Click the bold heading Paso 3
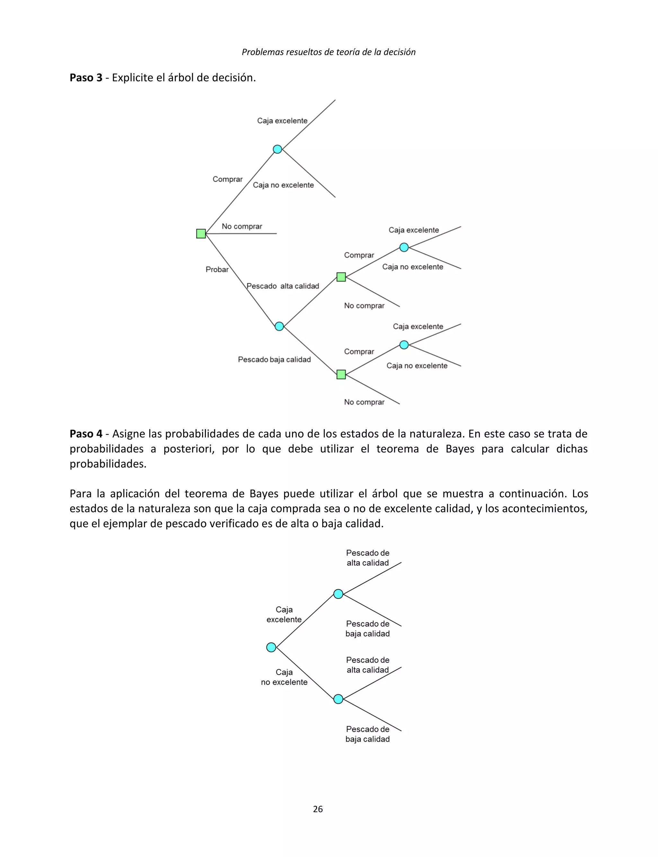coord(86,77)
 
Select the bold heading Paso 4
coord(86,434)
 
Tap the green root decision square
coord(201,234)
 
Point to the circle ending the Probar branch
coord(279,326)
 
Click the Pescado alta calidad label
coord(283,286)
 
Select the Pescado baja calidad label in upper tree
coord(274,359)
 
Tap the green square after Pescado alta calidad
coord(341,277)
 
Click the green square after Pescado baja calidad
coord(341,374)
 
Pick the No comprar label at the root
coord(242,227)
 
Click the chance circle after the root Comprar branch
coord(277,149)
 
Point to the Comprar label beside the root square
coord(227,179)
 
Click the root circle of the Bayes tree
coord(271,647)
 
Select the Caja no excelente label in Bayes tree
coord(284,677)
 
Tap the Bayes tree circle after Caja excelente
coord(338,594)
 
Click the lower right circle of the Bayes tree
coord(338,699)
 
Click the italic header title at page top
coord(329,52)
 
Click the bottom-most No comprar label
coord(364,402)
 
